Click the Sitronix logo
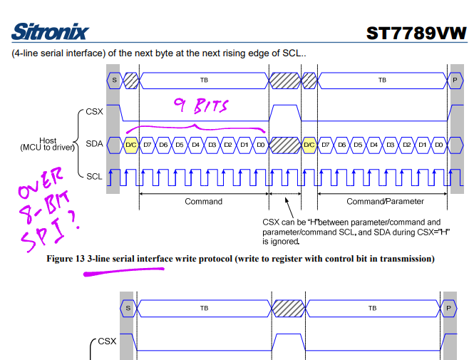click(50, 31)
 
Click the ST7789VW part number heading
click(416, 34)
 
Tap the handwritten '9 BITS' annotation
click(201, 106)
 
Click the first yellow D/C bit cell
click(131, 145)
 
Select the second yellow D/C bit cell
click(309, 145)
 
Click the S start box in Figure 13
click(114, 81)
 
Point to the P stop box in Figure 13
click(455, 81)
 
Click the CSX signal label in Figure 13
click(94, 111)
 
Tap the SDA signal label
click(94, 144)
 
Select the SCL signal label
click(94, 177)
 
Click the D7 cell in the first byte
click(148, 145)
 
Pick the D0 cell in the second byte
click(438, 145)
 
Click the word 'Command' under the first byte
click(203, 202)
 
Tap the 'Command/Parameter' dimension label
click(385, 202)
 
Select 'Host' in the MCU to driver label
click(48, 140)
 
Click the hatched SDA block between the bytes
click(285, 145)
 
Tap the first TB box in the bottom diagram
click(204, 308)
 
